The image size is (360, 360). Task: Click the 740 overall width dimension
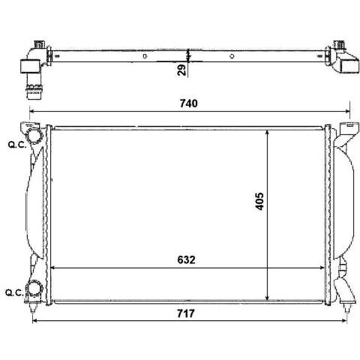tap(189, 103)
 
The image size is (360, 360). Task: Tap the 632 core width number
tap(186, 260)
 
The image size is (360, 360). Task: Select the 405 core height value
tap(259, 201)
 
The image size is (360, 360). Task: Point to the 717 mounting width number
tap(186, 313)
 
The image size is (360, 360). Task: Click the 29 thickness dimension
tap(181, 70)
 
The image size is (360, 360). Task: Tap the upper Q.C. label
tap(17, 145)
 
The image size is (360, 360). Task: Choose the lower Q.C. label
tap(14, 292)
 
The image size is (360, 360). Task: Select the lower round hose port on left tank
tap(34, 288)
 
